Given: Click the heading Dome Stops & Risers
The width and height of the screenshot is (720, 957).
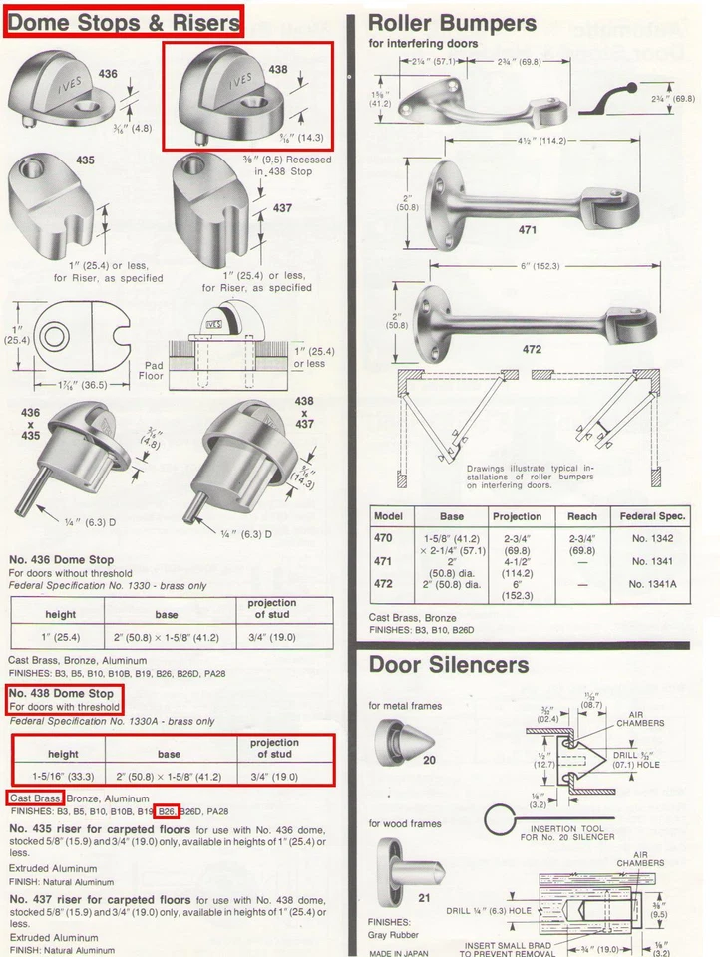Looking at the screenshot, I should point(123,21).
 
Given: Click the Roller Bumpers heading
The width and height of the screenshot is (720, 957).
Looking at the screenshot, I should point(452,23).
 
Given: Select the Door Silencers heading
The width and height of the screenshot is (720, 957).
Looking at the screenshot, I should point(449,664).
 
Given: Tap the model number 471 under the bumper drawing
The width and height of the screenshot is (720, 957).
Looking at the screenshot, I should point(528,230).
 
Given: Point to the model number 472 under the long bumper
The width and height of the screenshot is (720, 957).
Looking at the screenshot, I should point(533,349).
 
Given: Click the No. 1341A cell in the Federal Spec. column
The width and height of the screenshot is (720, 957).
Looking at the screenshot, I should point(652,584).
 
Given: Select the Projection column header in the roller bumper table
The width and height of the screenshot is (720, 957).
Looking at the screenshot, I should point(517,516).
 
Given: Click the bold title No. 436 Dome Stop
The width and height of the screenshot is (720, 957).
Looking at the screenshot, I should point(61,560).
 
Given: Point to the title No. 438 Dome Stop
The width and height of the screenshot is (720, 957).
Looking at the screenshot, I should point(62,693).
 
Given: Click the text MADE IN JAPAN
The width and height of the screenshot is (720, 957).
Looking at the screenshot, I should point(399,952).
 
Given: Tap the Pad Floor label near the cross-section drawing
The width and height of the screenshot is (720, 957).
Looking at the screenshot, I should point(151,372).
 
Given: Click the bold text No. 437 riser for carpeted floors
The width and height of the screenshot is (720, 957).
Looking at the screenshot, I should point(100,899).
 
